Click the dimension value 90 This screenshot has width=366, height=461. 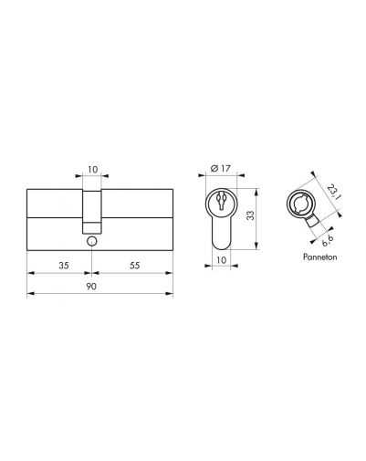tap(91, 287)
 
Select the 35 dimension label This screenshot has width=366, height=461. tap(64, 266)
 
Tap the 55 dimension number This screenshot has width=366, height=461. tap(134, 266)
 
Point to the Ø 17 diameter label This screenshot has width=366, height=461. tap(221, 168)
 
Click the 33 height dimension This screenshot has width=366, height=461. tap(250, 215)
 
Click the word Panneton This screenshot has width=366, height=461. tap(319, 257)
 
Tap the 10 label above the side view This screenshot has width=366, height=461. tap(93, 170)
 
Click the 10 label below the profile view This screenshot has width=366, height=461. tap(221, 260)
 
